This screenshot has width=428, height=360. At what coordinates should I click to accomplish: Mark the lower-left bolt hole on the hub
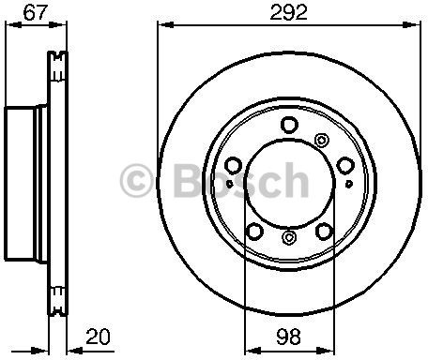254,232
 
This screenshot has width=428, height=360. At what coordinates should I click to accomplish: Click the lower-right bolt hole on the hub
326,232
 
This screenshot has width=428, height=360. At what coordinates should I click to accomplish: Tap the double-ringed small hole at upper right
322,140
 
